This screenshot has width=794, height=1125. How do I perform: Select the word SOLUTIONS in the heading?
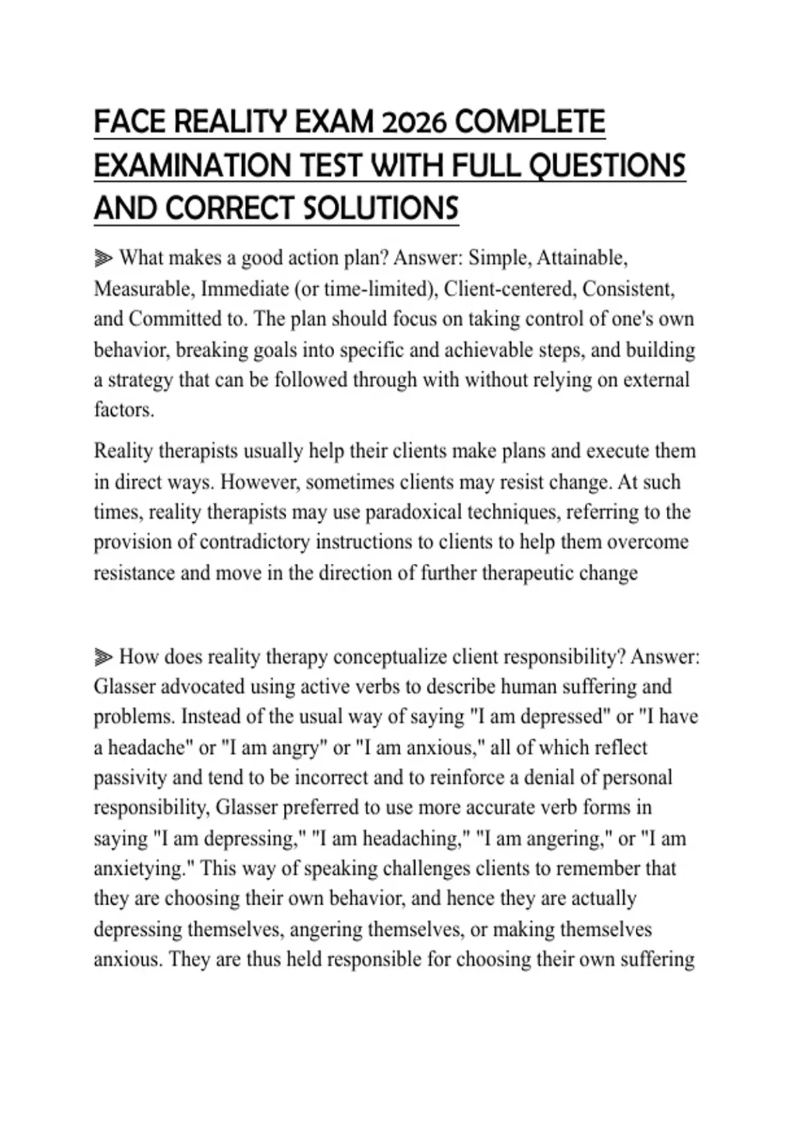click(380, 208)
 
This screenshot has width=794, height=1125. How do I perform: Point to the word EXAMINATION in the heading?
click(193, 165)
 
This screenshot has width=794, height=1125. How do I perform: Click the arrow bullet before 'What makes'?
click(103, 258)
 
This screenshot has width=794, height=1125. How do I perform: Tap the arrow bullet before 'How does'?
click(103, 657)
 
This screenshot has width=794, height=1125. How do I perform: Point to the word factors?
click(124, 410)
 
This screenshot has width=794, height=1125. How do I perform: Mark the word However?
click(260, 482)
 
